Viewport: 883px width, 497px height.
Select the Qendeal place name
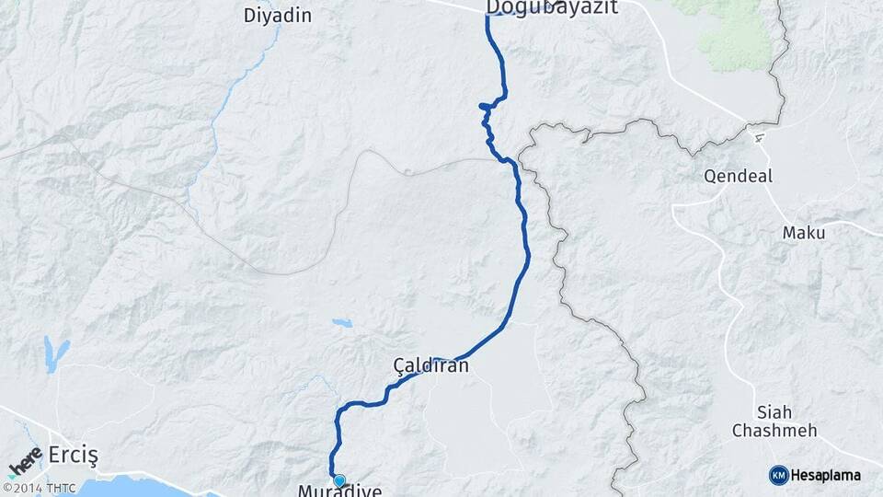click(738, 176)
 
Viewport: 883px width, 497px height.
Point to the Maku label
click(803, 233)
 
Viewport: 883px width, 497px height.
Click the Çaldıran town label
click(430, 365)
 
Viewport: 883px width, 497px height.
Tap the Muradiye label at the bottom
click(339, 491)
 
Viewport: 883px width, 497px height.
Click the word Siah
click(773, 411)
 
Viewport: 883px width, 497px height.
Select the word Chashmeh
click(774, 430)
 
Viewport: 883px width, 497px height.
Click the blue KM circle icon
click(779, 475)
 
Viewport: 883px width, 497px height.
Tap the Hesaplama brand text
click(825, 475)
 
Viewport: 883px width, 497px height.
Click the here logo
click(25, 461)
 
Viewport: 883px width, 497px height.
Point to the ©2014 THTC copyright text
click(39, 488)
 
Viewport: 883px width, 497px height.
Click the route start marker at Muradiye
click(338, 480)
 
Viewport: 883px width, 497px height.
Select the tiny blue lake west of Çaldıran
click(342, 323)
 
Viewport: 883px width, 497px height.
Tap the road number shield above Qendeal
click(759, 138)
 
